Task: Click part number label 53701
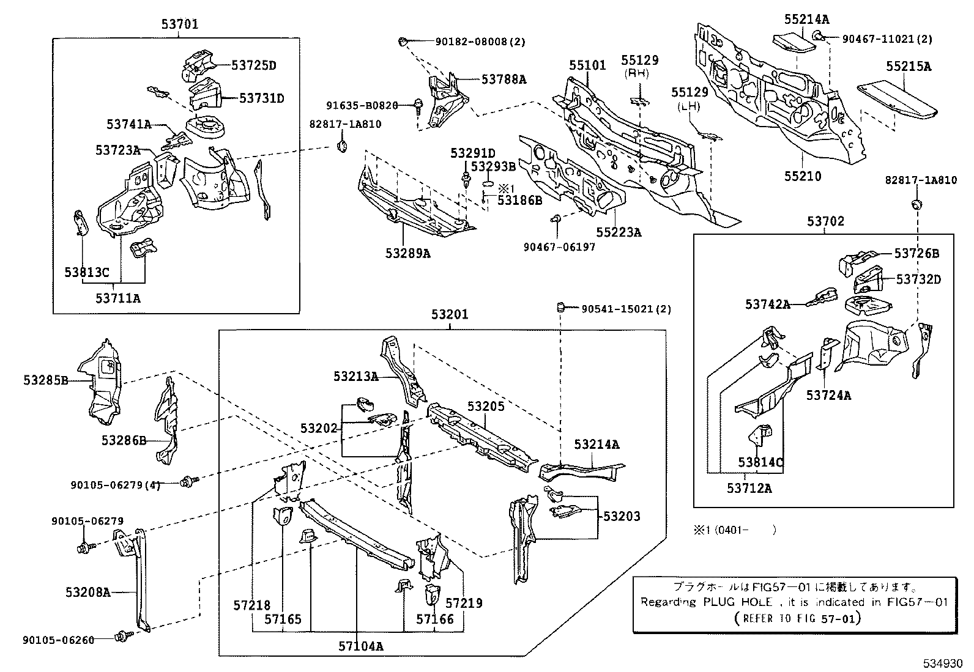tap(180, 25)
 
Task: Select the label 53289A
tap(407, 253)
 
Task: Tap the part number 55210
tap(803, 177)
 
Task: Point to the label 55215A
tap(909, 67)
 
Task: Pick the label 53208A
tap(88, 592)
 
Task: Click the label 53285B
tap(46, 380)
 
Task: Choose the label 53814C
tap(760, 462)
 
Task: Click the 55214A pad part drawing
tap(793, 43)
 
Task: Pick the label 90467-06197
tap(559, 247)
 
